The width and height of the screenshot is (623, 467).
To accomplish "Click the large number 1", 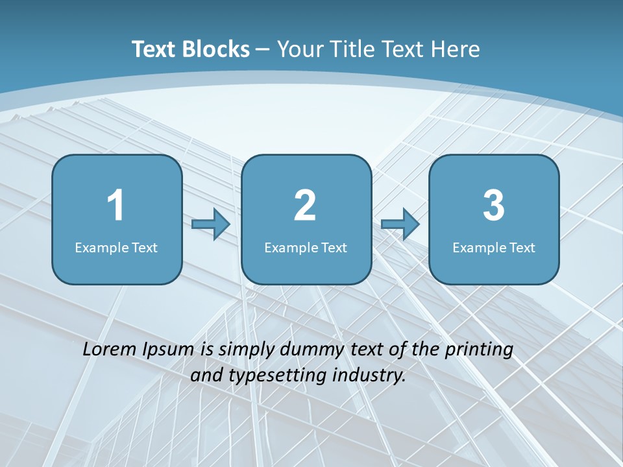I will coord(116,206).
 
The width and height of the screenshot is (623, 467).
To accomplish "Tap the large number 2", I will coord(305,206).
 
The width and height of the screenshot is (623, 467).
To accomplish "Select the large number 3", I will coord(494,206).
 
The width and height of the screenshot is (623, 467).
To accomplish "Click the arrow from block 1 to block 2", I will coord(211,224).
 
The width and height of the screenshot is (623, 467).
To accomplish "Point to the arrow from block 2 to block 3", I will coord(400,224).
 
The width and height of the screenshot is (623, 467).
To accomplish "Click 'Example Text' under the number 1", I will coord(116,247).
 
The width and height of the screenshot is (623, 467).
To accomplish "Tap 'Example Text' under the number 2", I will coord(306,247).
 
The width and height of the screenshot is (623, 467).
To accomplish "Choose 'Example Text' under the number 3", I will coord(494,247).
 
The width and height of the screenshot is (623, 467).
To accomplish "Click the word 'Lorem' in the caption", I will coord(109,349).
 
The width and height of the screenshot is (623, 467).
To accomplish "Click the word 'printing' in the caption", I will coord(479,350).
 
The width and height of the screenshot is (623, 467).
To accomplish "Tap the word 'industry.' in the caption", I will coord(369,376).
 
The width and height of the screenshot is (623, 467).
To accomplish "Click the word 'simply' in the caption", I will coord(246,350).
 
